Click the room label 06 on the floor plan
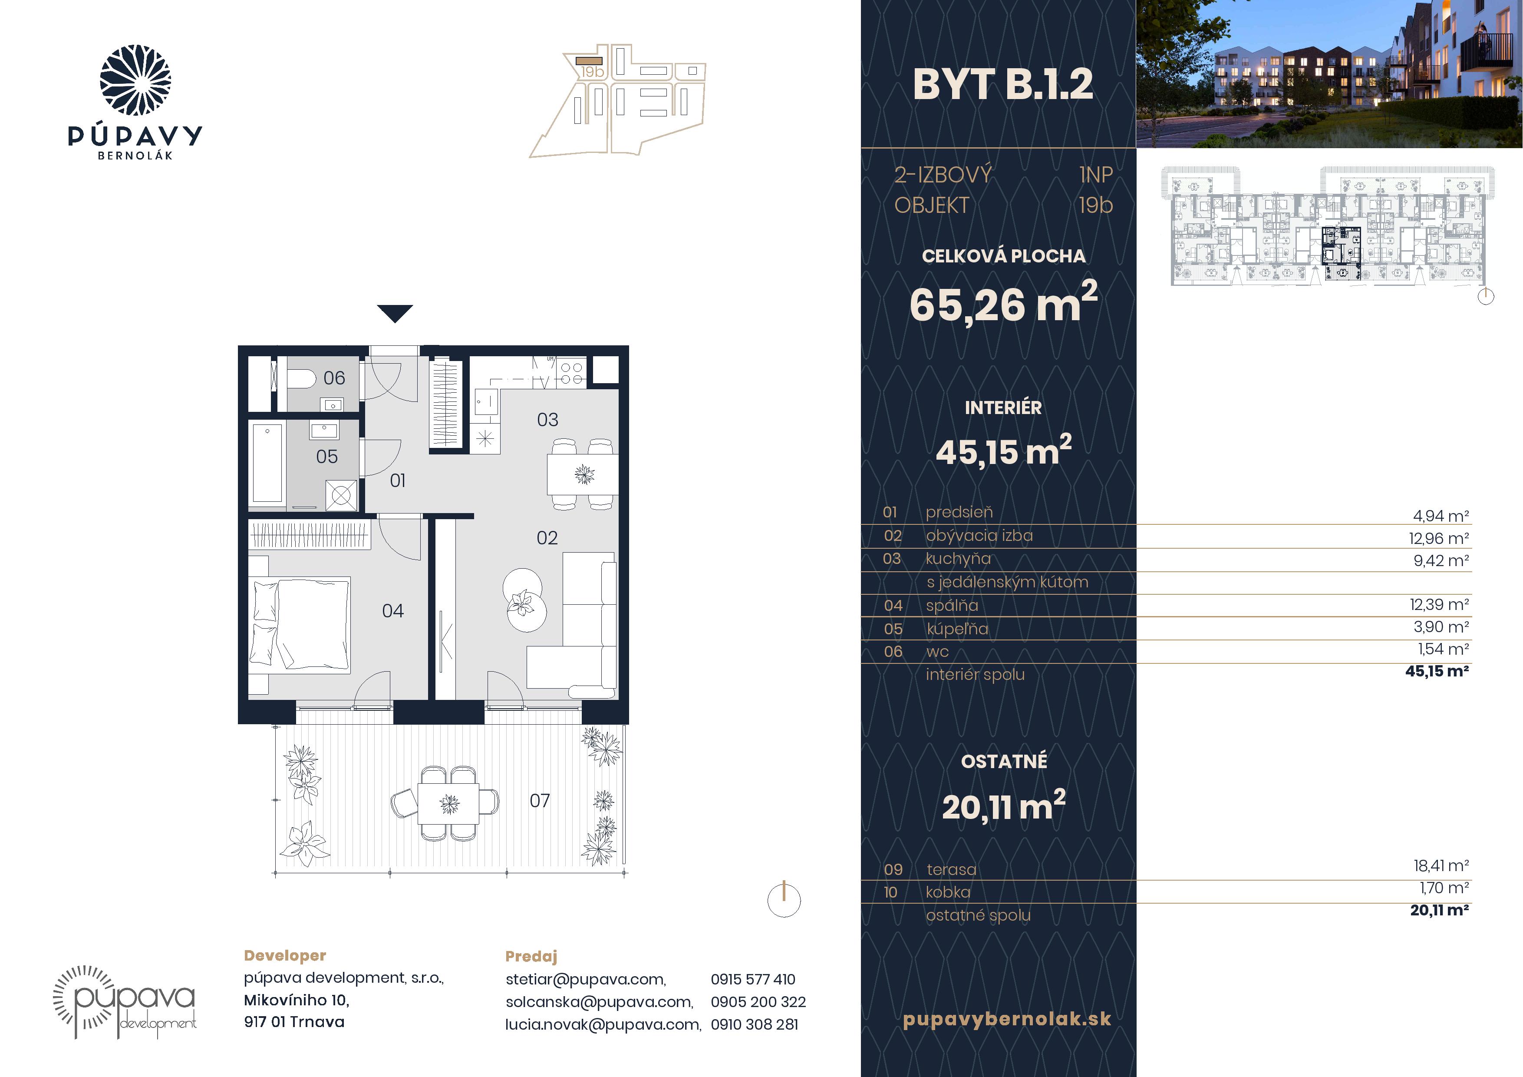pos(334,378)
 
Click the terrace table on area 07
pos(448,804)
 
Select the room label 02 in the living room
pos(547,537)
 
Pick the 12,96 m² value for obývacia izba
pos(1439,538)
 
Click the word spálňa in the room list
pos(952,605)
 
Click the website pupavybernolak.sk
pos(1006,1019)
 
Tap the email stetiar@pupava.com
pos(586,979)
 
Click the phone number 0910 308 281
pos(754,1024)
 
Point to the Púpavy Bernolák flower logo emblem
pos(135,80)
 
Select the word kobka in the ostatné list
pos(947,892)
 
